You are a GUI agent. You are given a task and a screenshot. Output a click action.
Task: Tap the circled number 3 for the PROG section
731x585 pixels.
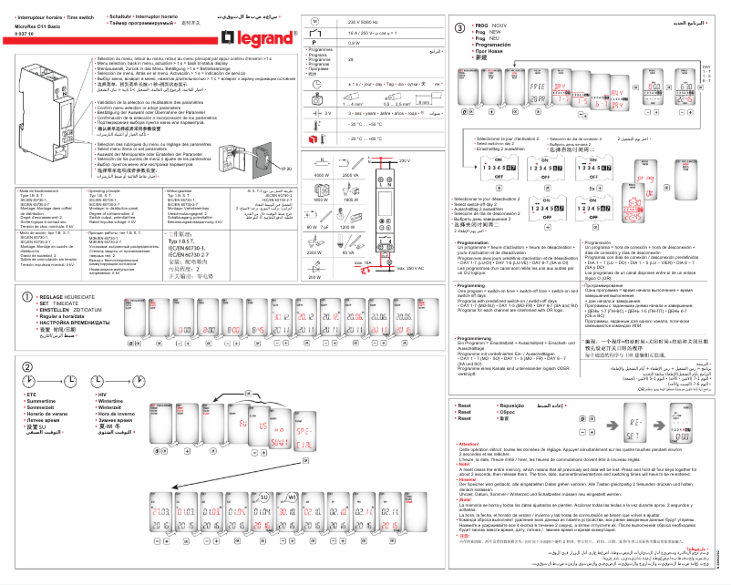point(460,29)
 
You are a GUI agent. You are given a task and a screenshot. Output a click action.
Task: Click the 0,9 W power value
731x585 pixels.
point(355,42)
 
